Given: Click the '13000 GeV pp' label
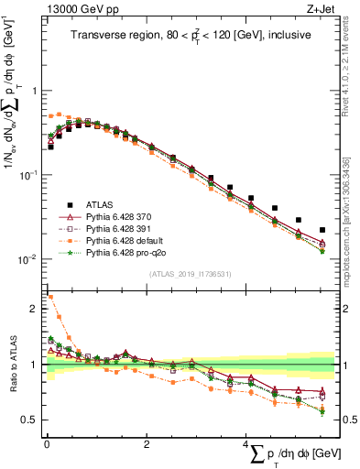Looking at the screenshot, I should [x=73, y=9].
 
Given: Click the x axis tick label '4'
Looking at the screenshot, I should [x=245, y=444].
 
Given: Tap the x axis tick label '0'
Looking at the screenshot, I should [x=47, y=444].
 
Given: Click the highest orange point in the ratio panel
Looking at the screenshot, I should [x=49, y=297].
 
